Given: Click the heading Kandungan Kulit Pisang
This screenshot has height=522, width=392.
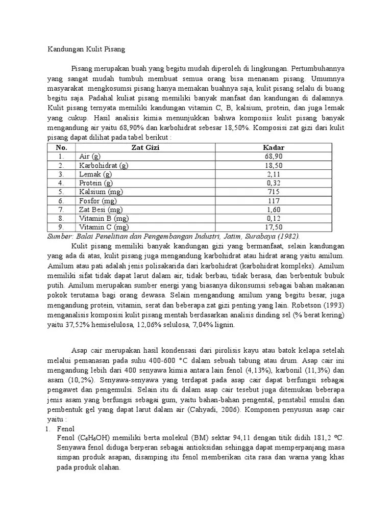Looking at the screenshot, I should [86, 49].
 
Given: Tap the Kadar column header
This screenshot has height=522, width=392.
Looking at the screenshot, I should [273, 147].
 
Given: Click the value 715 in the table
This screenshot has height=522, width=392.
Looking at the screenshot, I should [273, 192].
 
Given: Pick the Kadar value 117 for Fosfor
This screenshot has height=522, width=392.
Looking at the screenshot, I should [273, 201].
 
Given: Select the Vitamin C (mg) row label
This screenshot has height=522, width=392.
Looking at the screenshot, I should [104, 227].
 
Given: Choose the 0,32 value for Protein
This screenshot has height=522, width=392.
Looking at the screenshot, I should [273, 183].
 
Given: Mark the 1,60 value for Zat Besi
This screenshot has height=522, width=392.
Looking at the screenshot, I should [273, 210].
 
